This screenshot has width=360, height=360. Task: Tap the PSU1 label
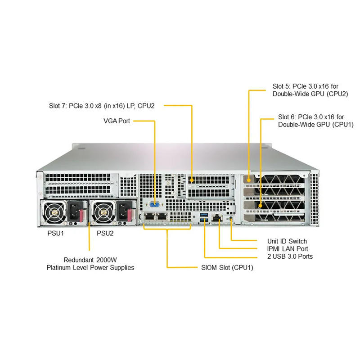coord(57,234)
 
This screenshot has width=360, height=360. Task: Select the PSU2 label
coord(105,234)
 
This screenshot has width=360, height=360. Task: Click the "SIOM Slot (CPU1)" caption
coord(227,268)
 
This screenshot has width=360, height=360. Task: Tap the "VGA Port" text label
coord(117,121)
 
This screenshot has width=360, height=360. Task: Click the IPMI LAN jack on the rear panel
coord(218,218)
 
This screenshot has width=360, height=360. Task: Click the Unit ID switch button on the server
coord(231,219)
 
